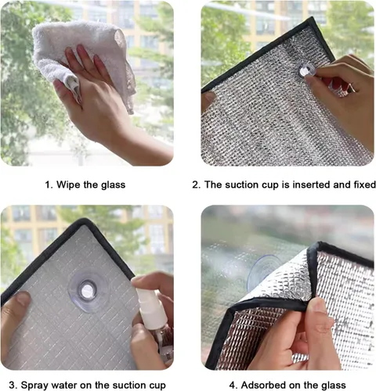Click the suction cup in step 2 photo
pyautogui.click(x=308, y=70)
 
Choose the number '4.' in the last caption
pyautogui.click(x=233, y=384)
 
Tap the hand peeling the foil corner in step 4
pyautogui.click(x=313, y=336)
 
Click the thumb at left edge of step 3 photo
pyautogui.click(x=17, y=305)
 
